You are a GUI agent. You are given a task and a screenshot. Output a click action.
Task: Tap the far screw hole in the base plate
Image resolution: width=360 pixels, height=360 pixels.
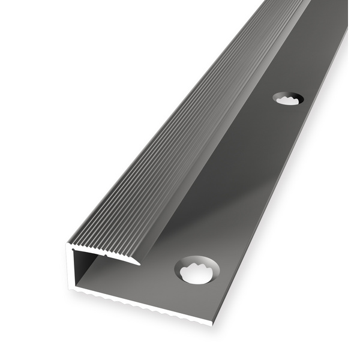pos(289,100)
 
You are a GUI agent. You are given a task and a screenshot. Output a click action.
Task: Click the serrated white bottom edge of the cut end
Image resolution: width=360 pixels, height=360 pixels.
pos(138,305)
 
